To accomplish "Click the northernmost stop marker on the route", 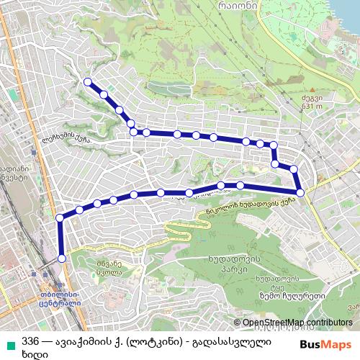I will [x=88, y=82].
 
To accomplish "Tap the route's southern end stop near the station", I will [x=61, y=258].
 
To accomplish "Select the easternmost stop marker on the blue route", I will [x=300, y=192].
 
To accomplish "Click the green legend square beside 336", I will [x=8, y=340].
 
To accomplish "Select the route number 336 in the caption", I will [x=30, y=340].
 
